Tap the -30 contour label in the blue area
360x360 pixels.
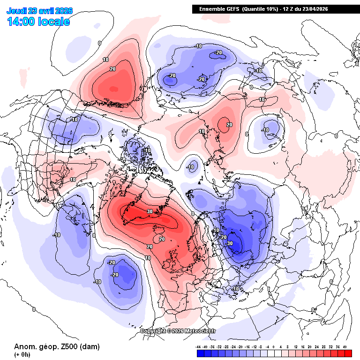pos(229,243)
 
